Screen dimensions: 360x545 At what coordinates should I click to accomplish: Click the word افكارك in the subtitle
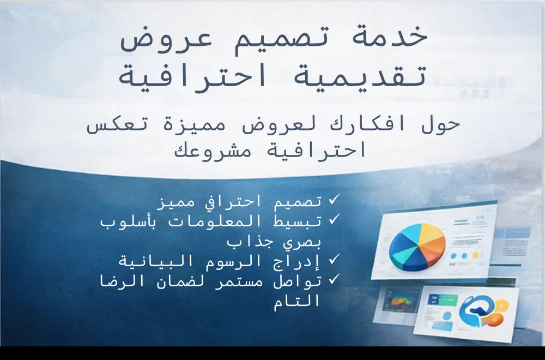(360, 124)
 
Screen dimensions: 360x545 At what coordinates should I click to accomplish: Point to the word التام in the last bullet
(298, 301)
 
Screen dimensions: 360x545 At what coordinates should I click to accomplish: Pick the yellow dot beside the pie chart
(475, 255)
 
